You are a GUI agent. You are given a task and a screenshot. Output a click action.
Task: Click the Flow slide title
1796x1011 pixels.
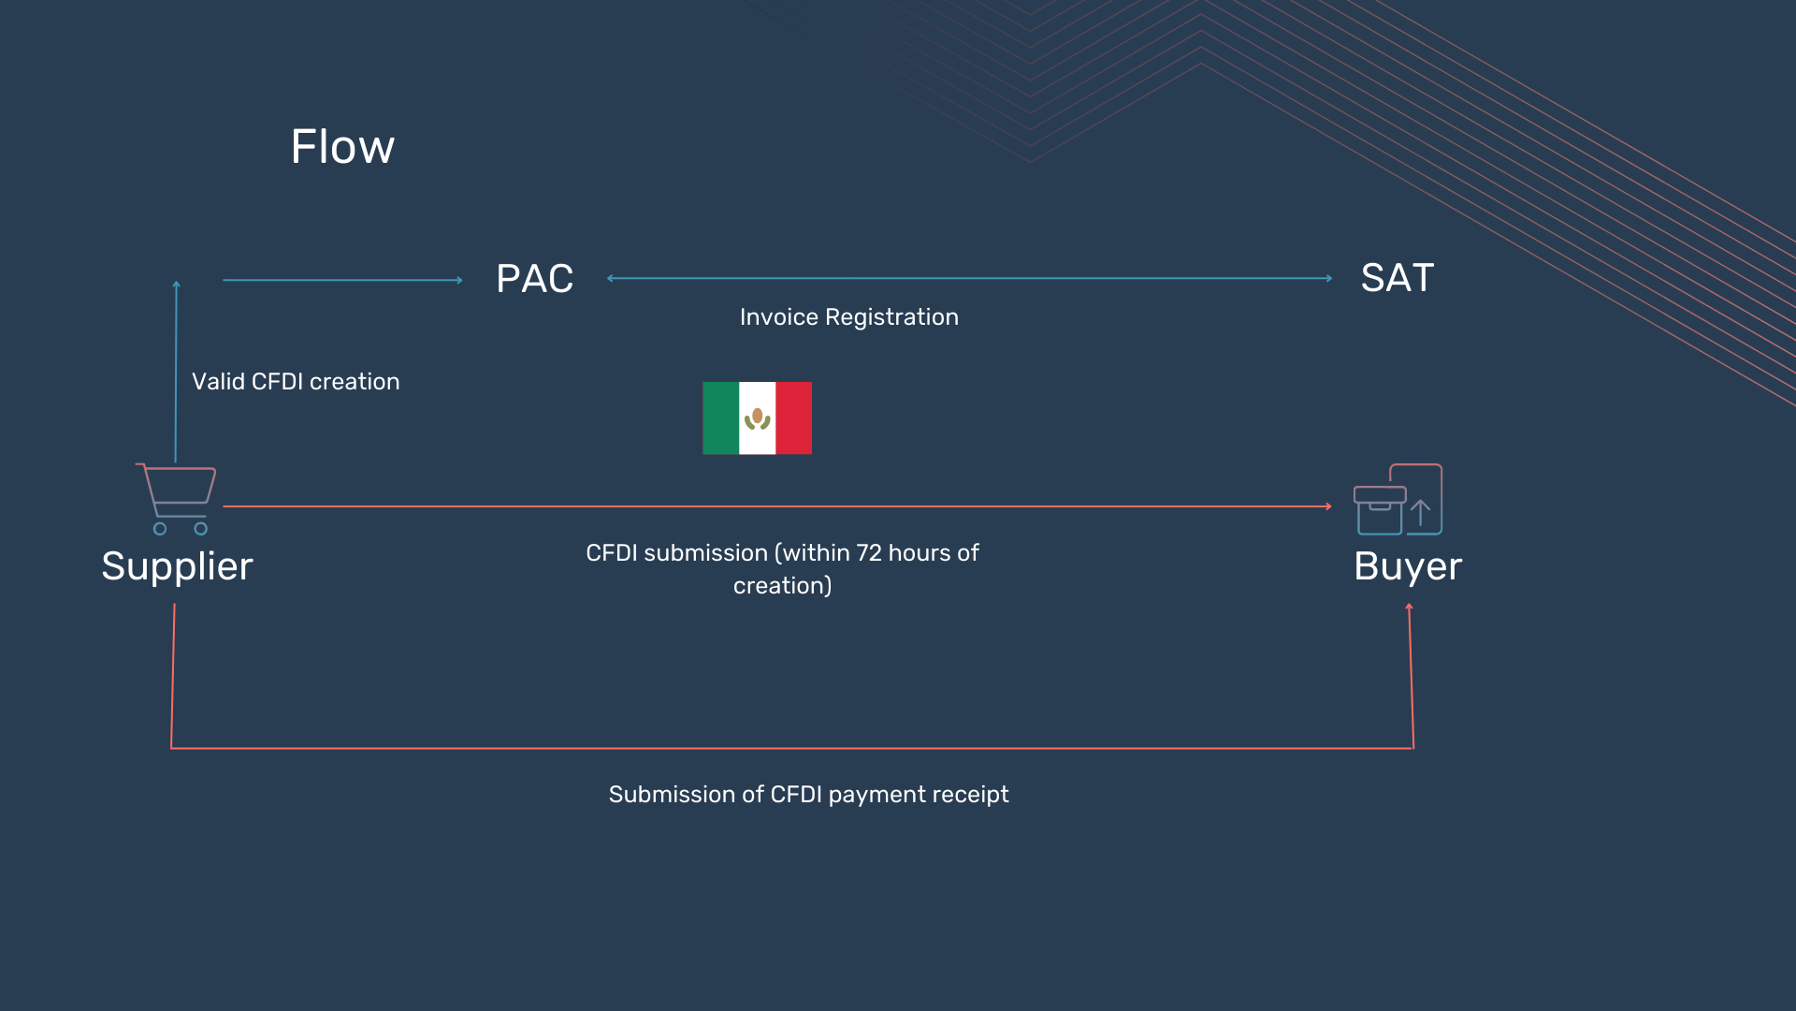tap(342, 147)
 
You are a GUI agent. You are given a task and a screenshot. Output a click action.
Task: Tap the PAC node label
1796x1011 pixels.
tap(534, 279)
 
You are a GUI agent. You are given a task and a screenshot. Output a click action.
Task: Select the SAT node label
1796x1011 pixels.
tap(1397, 278)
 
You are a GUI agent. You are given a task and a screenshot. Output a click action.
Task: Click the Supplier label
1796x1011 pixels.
tap(177, 566)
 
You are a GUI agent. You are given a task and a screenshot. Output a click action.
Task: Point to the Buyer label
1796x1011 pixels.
tap(1408, 566)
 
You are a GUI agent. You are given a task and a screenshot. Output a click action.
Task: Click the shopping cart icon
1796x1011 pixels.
tap(177, 498)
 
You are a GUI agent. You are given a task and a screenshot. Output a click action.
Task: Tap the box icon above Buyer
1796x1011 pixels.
tap(1398, 500)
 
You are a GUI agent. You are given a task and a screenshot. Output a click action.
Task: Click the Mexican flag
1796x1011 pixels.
tap(757, 418)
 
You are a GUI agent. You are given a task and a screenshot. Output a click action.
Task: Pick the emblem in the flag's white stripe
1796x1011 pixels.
tap(757, 418)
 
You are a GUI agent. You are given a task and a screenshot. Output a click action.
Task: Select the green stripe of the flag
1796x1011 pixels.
tap(720, 418)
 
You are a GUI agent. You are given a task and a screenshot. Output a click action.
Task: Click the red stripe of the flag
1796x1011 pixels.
tap(793, 418)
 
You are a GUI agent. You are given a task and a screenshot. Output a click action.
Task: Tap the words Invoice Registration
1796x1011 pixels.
tap(848, 317)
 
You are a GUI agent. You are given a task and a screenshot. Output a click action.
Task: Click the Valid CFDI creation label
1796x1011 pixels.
tap(296, 382)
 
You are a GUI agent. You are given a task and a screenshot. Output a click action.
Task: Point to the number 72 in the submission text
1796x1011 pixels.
tap(869, 553)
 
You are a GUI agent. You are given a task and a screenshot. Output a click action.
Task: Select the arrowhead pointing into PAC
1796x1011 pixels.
tap(459, 280)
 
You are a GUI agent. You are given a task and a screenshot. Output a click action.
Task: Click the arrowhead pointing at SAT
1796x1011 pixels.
tap(1328, 278)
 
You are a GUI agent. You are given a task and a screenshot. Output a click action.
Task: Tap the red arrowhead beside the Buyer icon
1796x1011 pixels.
tap(1328, 506)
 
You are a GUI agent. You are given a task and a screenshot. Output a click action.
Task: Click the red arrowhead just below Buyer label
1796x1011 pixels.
tap(1409, 608)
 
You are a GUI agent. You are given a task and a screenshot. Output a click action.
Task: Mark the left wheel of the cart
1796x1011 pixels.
tap(160, 529)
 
